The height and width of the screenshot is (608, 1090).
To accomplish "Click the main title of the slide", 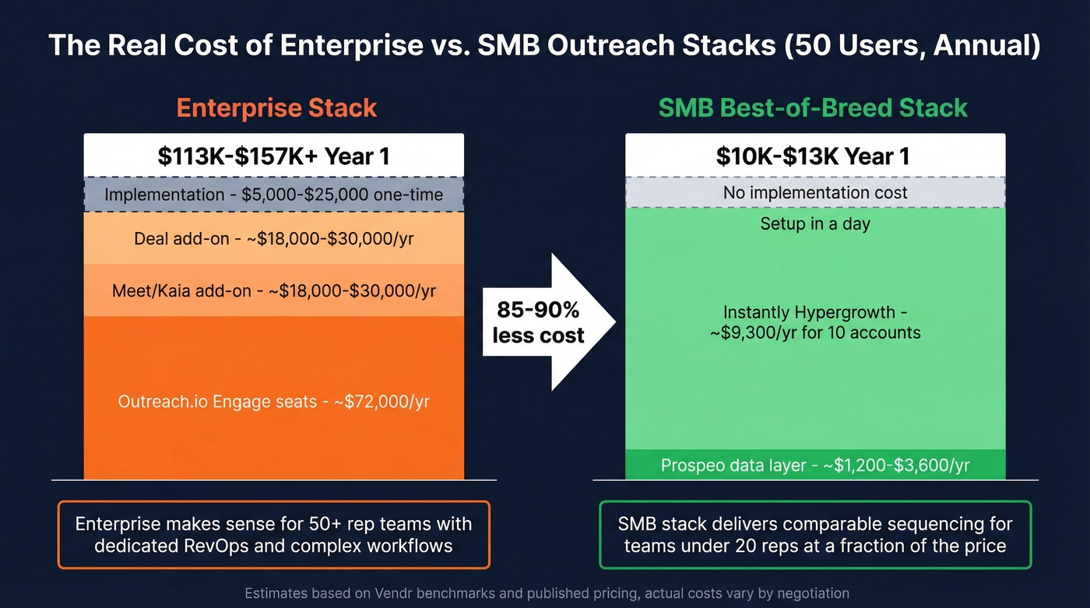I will tap(544, 45).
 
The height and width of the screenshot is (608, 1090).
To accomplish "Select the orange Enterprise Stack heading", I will tap(276, 107).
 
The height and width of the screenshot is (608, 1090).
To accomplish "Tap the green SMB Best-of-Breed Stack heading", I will tap(813, 107).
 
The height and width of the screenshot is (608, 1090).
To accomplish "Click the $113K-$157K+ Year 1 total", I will tap(273, 156).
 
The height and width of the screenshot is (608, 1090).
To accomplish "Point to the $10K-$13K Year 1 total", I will tap(813, 156).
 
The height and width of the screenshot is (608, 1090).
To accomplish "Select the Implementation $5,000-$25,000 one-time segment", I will tap(273, 194).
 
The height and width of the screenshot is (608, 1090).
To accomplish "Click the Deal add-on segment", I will tap(273, 238).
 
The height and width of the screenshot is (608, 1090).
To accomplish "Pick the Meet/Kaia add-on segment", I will tap(273, 290).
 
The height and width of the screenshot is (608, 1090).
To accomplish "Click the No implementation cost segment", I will tap(815, 192).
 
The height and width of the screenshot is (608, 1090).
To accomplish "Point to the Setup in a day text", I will tap(815, 224).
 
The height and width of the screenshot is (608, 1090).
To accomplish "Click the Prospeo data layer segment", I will tap(815, 466).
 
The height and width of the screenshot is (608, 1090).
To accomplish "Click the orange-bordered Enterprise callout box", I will tap(273, 534).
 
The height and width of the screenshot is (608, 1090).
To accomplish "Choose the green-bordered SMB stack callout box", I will tap(815, 534).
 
